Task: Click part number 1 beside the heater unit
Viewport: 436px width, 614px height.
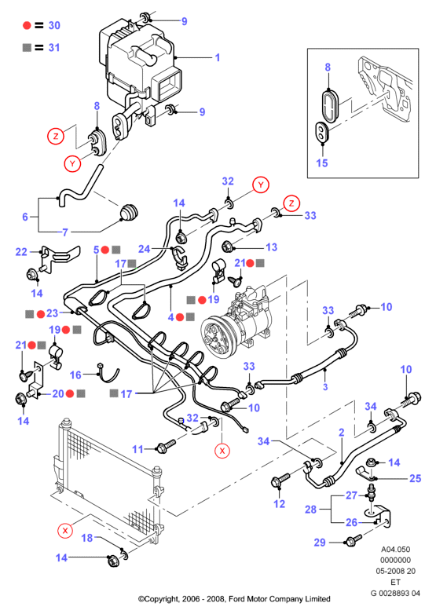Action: (x=218, y=57)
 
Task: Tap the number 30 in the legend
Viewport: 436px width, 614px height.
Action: (x=54, y=25)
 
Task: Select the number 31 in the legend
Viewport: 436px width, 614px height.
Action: (x=54, y=48)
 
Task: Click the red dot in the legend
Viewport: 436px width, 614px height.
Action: (x=27, y=25)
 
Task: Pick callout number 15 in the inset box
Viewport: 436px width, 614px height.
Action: (x=322, y=163)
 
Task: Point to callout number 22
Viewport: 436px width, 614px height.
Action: (x=21, y=252)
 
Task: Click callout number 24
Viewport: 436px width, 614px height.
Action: (x=145, y=249)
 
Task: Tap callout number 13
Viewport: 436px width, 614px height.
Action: (x=271, y=247)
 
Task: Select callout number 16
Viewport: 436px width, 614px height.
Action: (x=75, y=375)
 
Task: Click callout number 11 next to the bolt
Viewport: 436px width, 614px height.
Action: (x=137, y=449)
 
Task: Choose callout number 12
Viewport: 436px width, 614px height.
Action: (x=279, y=504)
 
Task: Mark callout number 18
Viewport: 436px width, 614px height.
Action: (x=87, y=538)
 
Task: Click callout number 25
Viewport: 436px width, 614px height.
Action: (x=416, y=478)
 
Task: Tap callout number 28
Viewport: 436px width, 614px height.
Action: (x=310, y=510)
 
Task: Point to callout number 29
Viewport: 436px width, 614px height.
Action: (x=320, y=543)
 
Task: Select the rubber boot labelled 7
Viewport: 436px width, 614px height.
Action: (x=130, y=213)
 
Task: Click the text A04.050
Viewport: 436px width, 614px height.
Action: (x=395, y=550)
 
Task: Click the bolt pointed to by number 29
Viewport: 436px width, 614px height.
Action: (x=350, y=542)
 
